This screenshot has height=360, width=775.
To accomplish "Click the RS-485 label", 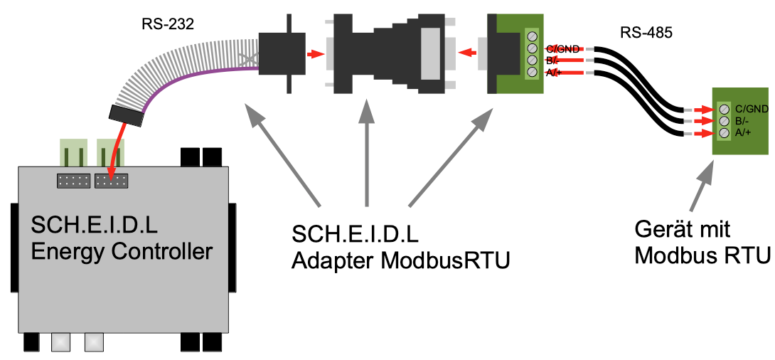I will [646, 32].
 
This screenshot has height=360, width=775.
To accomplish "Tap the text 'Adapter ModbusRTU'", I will [401, 260].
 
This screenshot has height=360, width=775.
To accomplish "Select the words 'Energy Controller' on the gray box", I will [122, 251].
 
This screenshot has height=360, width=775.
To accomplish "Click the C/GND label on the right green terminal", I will [752, 109].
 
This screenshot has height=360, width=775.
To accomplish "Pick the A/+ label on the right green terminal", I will [744, 132].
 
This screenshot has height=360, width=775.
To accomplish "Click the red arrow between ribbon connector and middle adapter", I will [313, 53].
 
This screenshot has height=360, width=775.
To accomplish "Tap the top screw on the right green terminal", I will [723, 110].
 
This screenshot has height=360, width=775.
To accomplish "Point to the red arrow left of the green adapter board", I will [466, 52].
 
